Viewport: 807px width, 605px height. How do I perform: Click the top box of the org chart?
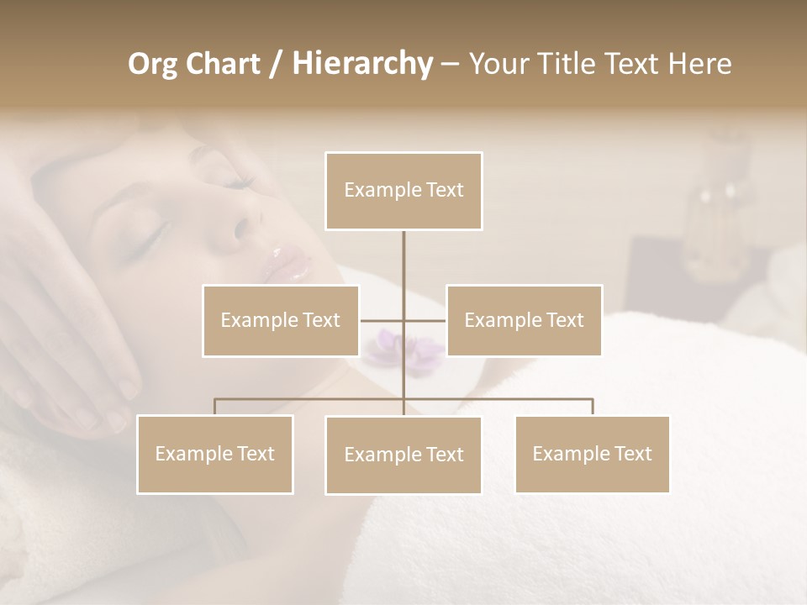tap(403, 191)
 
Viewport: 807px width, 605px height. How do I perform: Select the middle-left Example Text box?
tap(281, 320)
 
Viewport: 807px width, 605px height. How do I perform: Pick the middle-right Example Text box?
tap(524, 320)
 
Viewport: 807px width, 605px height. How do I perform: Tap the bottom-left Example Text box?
tap(215, 454)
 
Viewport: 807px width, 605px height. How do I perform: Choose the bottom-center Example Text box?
tap(403, 455)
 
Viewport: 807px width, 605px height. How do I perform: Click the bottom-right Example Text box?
tap(592, 454)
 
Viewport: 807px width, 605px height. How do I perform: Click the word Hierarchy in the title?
tap(361, 63)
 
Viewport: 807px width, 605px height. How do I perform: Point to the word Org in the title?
tap(152, 64)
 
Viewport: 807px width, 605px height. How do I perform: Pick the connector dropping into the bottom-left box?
tap(215, 407)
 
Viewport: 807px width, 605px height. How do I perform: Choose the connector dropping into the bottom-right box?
tap(592, 407)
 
